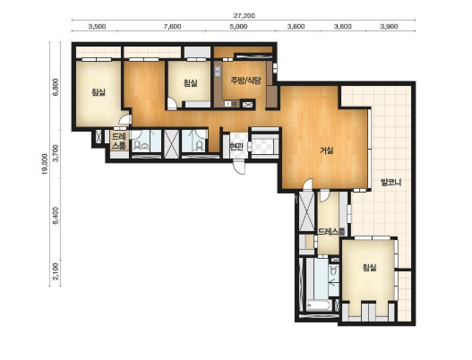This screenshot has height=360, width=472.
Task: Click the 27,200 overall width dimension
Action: (245, 16)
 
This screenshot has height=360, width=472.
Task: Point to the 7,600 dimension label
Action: (173, 27)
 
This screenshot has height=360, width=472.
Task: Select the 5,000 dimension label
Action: (239, 27)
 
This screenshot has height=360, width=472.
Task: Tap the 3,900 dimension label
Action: (389, 27)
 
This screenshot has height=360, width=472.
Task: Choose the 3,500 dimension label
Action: (97, 27)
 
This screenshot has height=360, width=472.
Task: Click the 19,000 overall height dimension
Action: (45, 165)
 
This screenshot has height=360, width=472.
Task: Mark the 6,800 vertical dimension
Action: (56, 87)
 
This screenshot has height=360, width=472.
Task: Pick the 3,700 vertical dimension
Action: (56, 153)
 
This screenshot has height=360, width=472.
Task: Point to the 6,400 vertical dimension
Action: (56, 216)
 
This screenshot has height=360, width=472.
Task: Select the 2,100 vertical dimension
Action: (56, 272)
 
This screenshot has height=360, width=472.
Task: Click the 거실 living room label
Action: (327, 150)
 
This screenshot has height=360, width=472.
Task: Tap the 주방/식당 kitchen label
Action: (245, 81)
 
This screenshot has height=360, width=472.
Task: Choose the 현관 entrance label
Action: (236, 147)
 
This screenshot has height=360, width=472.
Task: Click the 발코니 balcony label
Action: (390, 183)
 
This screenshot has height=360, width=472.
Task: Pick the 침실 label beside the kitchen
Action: (190, 82)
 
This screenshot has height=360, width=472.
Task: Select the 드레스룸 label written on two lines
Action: (118, 141)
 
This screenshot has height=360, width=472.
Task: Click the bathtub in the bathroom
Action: (319, 305)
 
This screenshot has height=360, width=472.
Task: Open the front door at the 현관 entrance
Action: (240, 167)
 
